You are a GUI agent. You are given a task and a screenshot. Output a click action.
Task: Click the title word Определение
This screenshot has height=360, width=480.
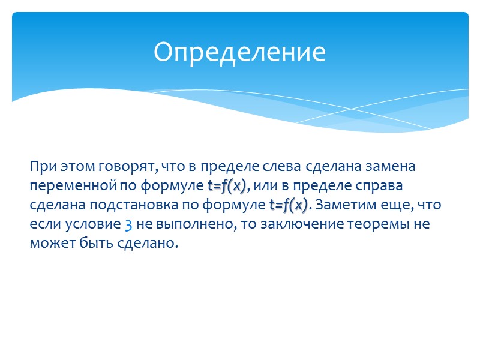(239, 53)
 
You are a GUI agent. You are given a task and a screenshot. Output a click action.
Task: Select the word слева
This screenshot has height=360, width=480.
(284, 166)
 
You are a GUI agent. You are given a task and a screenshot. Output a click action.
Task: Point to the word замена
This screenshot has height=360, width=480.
(394, 166)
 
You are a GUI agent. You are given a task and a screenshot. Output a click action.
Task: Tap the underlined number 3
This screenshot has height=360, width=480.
(128, 225)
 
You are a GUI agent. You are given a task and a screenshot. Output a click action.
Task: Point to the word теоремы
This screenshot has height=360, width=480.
(379, 225)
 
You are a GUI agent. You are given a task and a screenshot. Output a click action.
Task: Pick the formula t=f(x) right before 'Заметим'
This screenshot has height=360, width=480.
(289, 205)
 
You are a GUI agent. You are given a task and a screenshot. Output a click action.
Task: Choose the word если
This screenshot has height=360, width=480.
(42, 225)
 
